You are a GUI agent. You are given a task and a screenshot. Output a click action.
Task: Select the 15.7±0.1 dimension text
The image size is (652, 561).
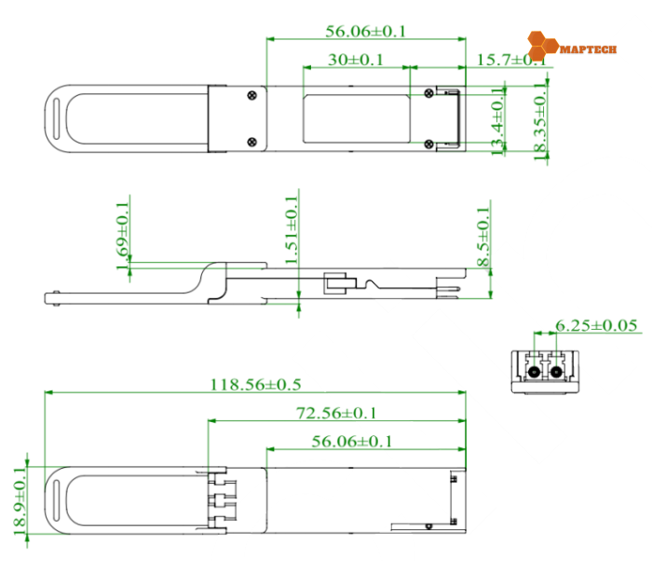[x=508, y=60]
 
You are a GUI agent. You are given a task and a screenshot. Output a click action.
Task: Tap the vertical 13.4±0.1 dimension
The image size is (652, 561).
[x=498, y=119]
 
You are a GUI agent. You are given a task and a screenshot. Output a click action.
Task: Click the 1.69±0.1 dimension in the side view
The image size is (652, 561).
[x=122, y=237]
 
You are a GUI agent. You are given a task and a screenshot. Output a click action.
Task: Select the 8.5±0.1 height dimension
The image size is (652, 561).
[x=482, y=239]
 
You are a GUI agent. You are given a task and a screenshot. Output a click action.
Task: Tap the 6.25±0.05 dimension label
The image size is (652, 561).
[x=596, y=325]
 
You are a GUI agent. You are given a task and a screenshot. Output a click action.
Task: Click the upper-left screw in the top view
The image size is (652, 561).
[x=251, y=93]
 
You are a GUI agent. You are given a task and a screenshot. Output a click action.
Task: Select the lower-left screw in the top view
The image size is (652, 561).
[x=251, y=142]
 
